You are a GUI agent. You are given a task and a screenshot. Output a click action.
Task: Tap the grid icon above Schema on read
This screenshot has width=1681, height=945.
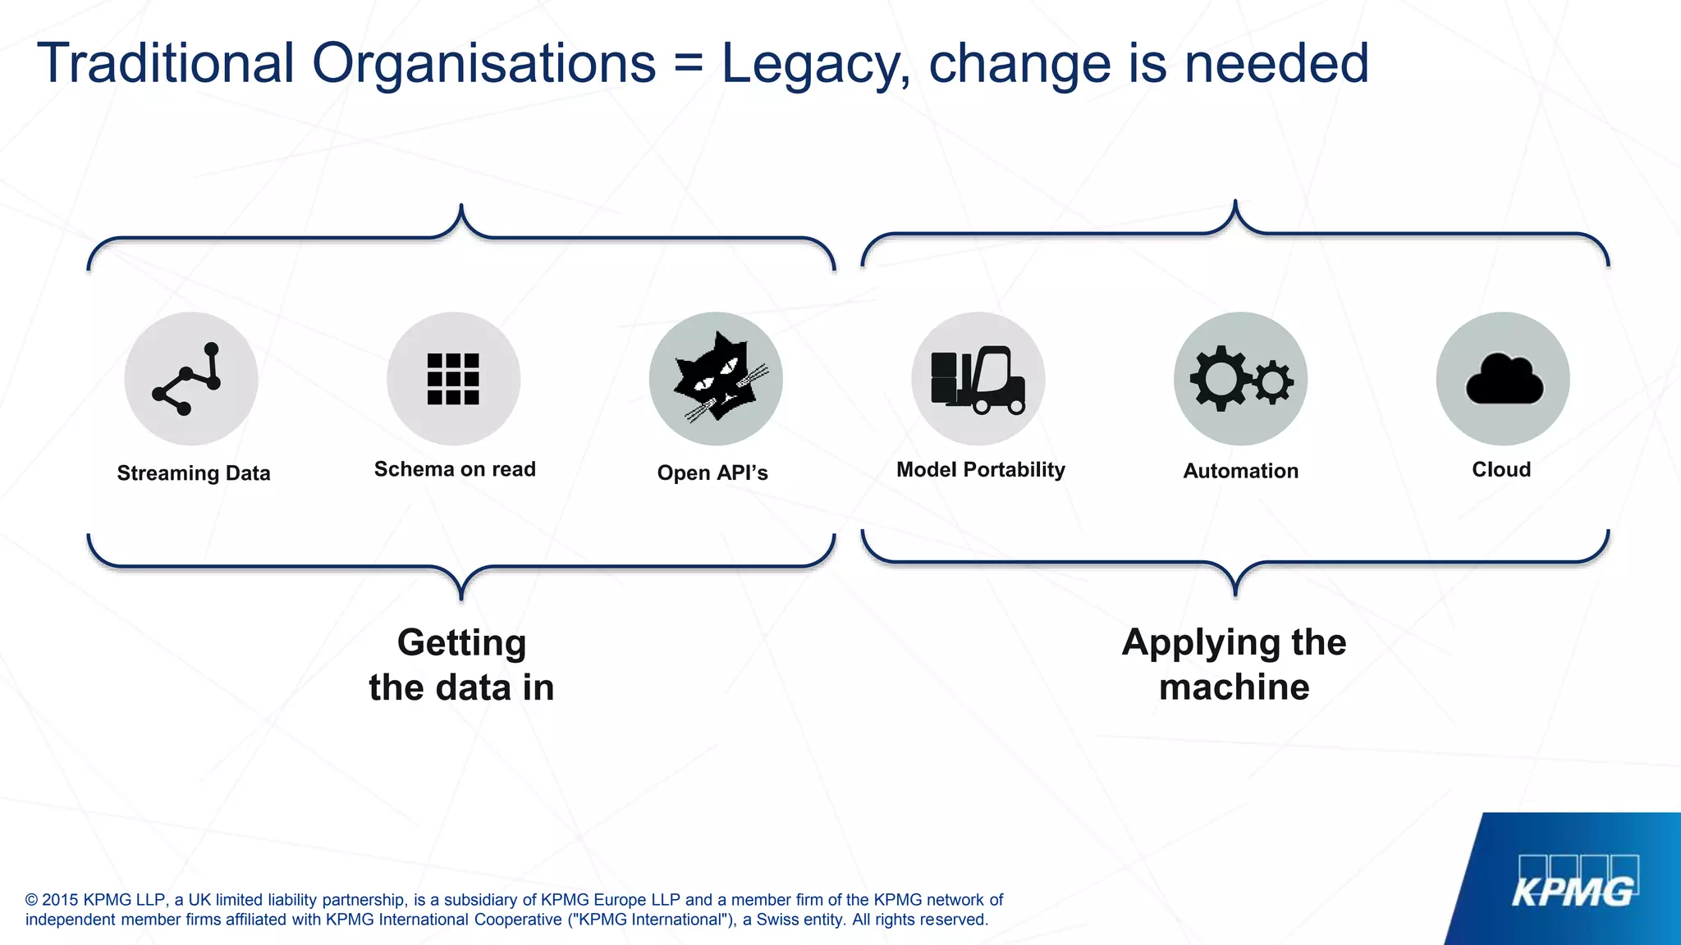453,379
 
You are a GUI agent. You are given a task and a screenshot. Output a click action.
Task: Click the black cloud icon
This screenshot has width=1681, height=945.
1504,380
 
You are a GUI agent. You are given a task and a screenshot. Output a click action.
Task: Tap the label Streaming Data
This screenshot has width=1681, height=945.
194,473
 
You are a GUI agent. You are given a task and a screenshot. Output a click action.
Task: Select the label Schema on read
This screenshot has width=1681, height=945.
455,469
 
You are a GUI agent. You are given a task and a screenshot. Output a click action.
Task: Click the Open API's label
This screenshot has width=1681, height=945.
712,472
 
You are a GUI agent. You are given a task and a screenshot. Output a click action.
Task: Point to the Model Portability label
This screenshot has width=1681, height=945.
981,469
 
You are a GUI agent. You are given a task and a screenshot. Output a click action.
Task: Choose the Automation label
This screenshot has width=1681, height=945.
1241,471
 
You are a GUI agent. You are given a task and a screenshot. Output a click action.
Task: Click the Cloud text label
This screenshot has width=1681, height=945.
1501,469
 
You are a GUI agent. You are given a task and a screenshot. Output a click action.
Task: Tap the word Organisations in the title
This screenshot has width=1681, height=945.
484,64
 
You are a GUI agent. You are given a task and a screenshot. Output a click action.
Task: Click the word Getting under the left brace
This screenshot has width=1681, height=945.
461,643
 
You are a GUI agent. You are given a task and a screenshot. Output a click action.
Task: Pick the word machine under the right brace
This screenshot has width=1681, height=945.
1234,687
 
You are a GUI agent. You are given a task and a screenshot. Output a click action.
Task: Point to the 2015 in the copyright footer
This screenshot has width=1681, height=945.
60,900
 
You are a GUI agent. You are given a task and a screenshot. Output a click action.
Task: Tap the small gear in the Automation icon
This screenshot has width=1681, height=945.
1273,381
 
